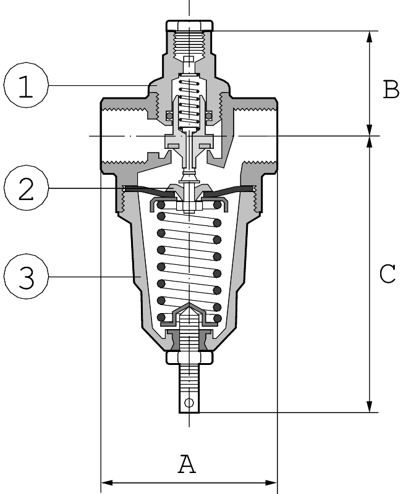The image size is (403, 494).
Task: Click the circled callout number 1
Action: click(25, 86)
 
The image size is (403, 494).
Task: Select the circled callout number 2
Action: click(25, 189)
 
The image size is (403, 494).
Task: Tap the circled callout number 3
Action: click(25, 278)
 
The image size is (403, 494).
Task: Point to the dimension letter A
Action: click(187, 463)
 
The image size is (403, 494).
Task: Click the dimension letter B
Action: click(391, 90)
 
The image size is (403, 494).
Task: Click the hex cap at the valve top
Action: click(189, 26)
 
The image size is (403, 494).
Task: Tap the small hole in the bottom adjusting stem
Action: click(189, 403)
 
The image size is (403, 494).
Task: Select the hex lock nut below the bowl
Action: click(189, 358)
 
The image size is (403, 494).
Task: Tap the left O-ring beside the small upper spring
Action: click(168, 115)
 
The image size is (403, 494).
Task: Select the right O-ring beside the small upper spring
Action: click(210, 115)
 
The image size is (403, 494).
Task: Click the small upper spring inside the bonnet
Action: click(189, 102)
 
